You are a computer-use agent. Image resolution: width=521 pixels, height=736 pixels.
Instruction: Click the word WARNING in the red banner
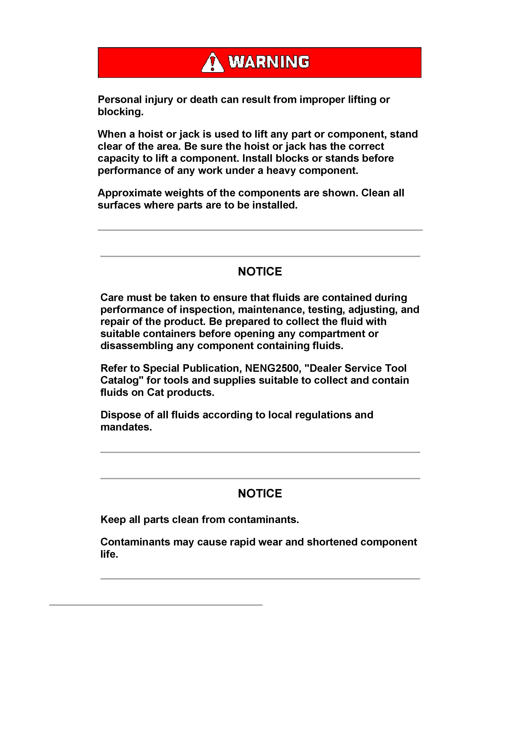pyautogui.click(x=269, y=62)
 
